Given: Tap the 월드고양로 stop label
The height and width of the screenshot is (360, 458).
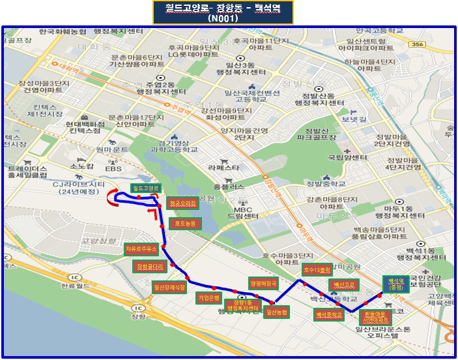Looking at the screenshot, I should pyautogui.click(x=145, y=188).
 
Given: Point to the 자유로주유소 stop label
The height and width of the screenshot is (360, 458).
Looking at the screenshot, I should pyautogui.click(x=142, y=249).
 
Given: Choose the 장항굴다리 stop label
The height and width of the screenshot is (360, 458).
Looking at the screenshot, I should pyautogui.click(x=150, y=266).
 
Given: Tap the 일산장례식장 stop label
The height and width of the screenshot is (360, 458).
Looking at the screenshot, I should pyautogui.click(x=169, y=286).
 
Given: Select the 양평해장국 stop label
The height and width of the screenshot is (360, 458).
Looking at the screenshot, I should pyautogui.click(x=263, y=283).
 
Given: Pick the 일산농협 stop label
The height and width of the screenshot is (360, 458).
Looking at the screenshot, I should pyautogui.click(x=277, y=312).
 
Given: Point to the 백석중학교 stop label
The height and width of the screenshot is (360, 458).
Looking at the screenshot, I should pyautogui.click(x=329, y=314).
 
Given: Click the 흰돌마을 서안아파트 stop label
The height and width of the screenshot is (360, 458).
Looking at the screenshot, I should pyautogui.click(x=375, y=317).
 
